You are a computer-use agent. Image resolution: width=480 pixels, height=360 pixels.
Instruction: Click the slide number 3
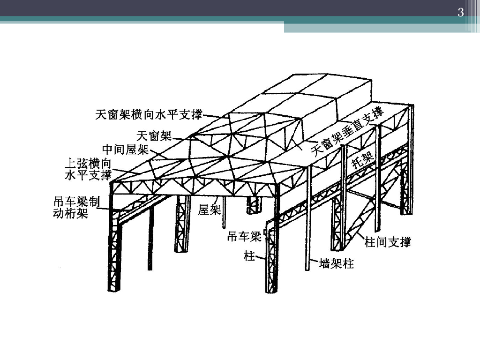click(x=460, y=13)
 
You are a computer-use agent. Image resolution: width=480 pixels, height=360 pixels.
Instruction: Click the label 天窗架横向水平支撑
click(x=149, y=114)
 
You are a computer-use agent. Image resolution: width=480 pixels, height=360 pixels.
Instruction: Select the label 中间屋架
click(x=125, y=150)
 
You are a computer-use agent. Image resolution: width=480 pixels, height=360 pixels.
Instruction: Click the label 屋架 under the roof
click(x=209, y=210)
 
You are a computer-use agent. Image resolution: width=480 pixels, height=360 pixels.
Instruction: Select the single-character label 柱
click(x=249, y=256)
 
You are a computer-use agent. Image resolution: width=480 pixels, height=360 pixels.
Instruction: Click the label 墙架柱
click(x=336, y=263)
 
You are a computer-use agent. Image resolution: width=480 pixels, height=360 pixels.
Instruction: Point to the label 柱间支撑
click(x=388, y=243)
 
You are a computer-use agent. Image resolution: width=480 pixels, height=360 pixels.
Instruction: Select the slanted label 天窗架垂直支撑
click(x=347, y=132)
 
